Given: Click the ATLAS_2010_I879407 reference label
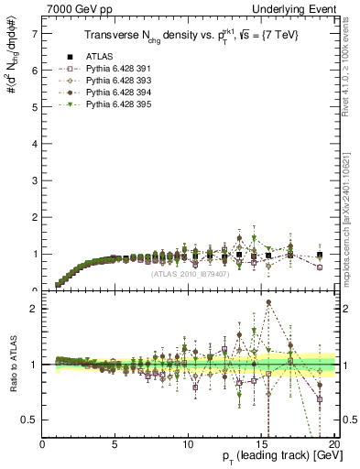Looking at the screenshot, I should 191,272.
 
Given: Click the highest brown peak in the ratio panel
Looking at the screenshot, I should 268,302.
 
